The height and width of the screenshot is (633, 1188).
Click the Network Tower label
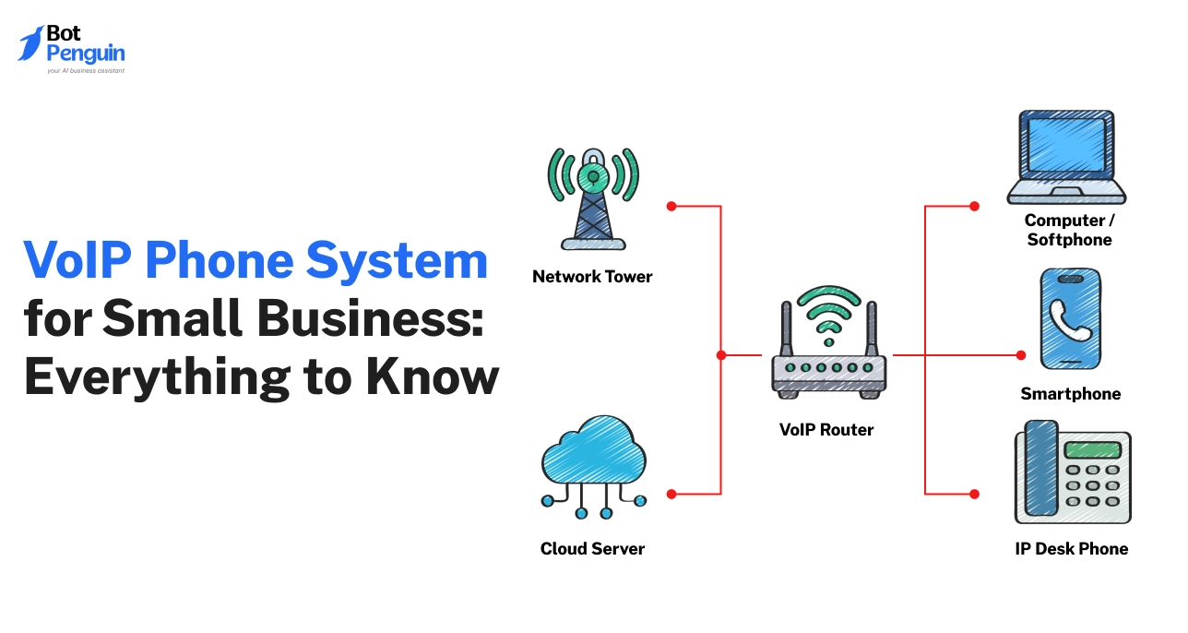(592, 276)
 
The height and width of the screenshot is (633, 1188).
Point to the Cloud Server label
(592, 549)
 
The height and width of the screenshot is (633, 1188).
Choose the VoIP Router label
(826, 429)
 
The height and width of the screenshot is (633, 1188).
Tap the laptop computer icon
(1066, 158)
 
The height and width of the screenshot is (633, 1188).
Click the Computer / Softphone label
(1069, 231)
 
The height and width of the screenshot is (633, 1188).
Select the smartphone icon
(1071, 318)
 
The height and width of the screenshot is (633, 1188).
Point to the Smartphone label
(1071, 394)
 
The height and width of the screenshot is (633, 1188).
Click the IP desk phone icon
(1072, 473)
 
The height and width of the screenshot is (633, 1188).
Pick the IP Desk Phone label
(1071, 549)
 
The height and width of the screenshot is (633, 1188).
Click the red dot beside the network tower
(671, 206)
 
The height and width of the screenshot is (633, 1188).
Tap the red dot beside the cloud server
(671, 495)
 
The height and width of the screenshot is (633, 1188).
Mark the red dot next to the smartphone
(1021, 354)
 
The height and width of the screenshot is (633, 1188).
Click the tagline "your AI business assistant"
(85, 70)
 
